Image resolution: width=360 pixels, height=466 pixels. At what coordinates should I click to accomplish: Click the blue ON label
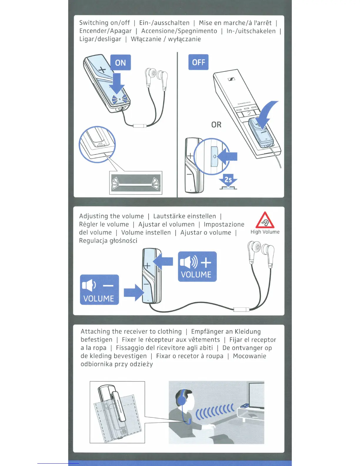click(121, 62)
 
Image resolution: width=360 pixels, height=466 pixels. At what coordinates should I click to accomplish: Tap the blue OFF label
click(198, 62)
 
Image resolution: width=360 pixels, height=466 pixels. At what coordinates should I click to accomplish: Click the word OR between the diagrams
click(216, 125)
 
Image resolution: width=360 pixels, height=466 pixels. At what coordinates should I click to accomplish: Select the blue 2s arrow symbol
click(228, 180)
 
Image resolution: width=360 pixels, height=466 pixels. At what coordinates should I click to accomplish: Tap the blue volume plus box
click(197, 267)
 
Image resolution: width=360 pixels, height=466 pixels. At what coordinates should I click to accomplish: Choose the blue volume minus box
click(99, 290)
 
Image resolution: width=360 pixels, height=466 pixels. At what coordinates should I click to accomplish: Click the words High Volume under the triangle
click(265, 232)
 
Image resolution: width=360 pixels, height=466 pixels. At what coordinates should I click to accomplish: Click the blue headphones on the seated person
click(182, 397)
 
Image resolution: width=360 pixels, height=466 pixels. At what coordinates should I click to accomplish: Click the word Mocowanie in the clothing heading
click(249, 356)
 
